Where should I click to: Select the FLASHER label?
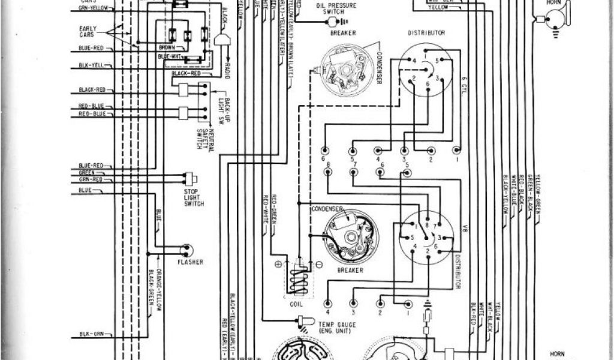[189, 262]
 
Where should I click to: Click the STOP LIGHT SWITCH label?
[194, 198]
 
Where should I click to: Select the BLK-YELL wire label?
[92, 65]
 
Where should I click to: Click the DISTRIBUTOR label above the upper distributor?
[426, 33]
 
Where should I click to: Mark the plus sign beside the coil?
[278, 264]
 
